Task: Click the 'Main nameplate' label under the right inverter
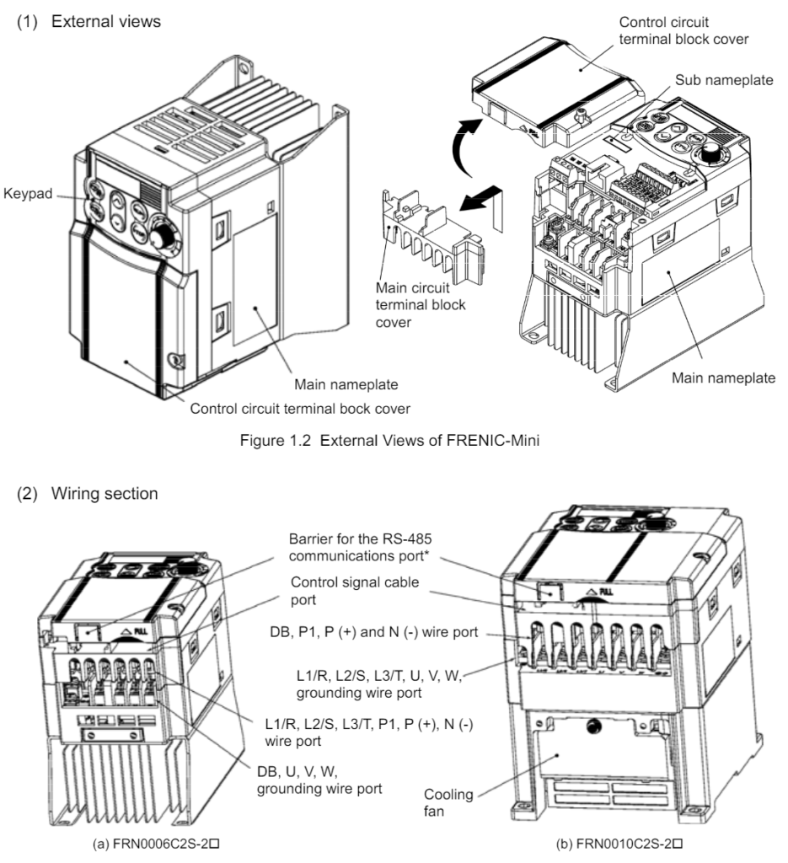click(x=723, y=378)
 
